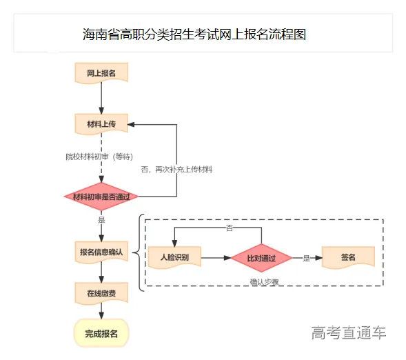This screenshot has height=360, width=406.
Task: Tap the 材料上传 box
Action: click(x=101, y=125)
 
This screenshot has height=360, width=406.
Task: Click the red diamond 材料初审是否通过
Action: click(x=101, y=197)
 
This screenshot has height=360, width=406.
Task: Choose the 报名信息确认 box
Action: click(x=101, y=252)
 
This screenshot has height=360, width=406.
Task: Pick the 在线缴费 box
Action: click(x=101, y=293)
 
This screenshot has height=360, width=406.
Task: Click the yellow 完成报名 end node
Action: click(x=101, y=334)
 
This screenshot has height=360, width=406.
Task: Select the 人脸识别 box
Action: click(x=175, y=257)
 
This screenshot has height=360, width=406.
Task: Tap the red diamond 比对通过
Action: click(x=261, y=258)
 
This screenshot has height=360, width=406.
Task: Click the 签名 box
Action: click(x=347, y=257)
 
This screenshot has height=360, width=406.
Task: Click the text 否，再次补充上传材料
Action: click(x=176, y=169)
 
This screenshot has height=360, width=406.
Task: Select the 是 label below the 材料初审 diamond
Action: click(x=101, y=220)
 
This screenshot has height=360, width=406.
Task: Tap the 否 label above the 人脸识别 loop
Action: click(x=229, y=227)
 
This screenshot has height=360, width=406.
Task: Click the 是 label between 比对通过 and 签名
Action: click(x=306, y=259)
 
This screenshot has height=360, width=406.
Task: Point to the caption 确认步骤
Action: click(x=264, y=282)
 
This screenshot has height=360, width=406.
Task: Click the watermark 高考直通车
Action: click(x=348, y=333)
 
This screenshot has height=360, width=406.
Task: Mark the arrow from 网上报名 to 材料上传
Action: click(x=101, y=99)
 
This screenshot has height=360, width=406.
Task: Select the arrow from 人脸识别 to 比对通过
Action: click(x=215, y=258)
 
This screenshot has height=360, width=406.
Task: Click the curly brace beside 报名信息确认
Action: click(x=140, y=252)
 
